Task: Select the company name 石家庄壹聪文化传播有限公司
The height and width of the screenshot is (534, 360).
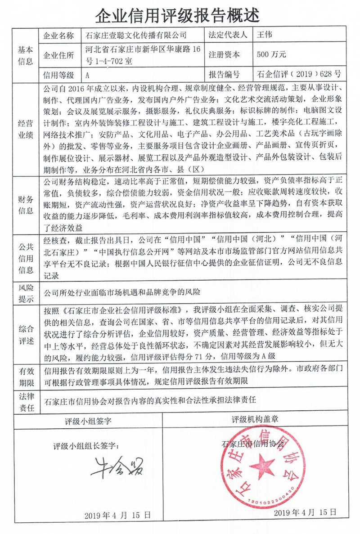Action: pyautogui.click(x=135, y=35)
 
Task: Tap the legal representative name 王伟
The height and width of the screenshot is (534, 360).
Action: pyautogui.click(x=264, y=35)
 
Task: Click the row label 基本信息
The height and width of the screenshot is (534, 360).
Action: pyautogui.click(x=25, y=55)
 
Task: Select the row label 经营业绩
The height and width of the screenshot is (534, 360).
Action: pyautogui.click(x=25, y=129)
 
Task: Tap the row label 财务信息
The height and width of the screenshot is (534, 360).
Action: pyautogui.click(x=25, y=205)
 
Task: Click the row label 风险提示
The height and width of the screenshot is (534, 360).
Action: pyautogui.click(x=25, y=292)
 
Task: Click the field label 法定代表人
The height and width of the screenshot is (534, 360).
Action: pyautogui.click(x=225, y=35)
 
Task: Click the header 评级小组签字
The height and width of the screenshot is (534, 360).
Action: pyautogui.click(x=88, y=421)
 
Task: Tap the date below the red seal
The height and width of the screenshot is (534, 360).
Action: pyautogui.click(x=306, y=513)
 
